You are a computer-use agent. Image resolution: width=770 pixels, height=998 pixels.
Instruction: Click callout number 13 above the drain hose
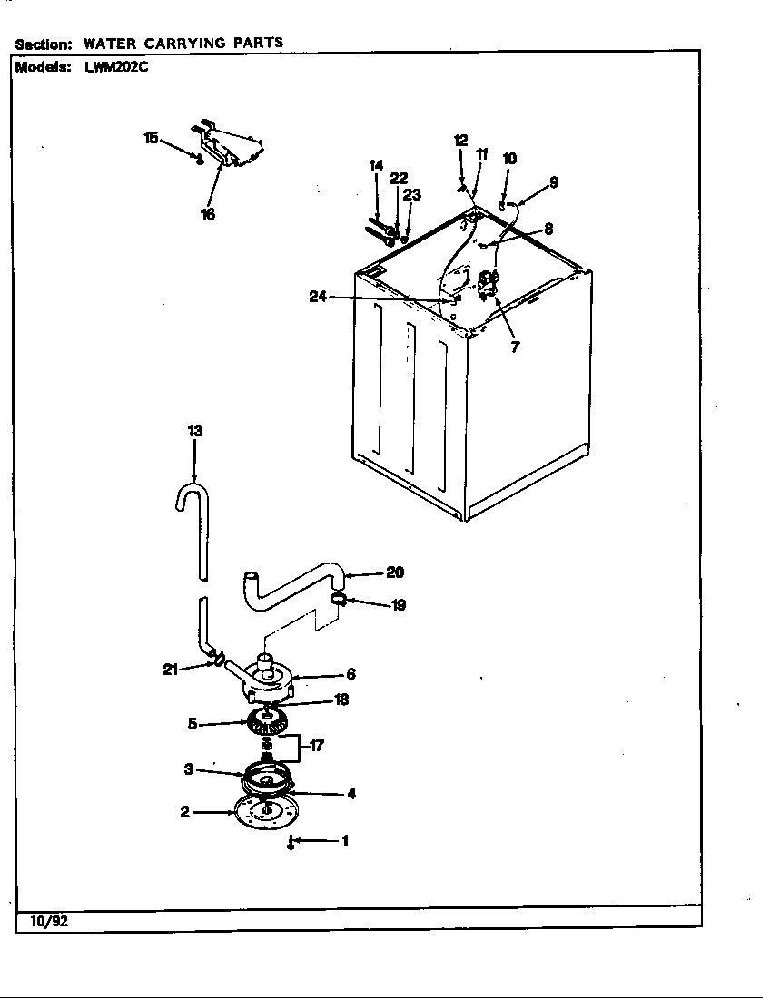pos(194,431)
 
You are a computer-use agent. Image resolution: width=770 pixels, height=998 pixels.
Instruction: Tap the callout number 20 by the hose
pos(395,572)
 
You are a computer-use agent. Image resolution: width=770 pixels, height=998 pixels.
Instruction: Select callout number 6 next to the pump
pos(350,674)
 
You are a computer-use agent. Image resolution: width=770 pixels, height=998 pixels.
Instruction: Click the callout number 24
pos(318,297)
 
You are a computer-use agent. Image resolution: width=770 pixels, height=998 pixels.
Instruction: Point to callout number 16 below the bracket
pos(208,215)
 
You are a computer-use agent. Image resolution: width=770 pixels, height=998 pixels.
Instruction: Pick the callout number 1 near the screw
pos(344,841)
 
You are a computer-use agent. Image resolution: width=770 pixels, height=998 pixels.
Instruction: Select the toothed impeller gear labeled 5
pos(266,724)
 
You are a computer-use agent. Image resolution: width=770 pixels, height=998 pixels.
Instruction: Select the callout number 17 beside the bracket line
pos(316,747)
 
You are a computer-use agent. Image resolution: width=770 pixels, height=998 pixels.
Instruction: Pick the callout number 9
pos(553,182)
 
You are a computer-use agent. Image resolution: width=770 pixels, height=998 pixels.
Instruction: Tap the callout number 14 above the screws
pos(377,165)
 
